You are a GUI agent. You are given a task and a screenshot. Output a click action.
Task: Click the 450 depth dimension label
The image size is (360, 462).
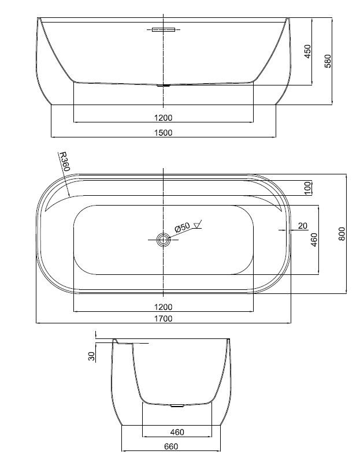[x=307, y=51]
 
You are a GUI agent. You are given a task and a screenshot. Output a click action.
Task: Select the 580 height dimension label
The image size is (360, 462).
[x=328, y=61]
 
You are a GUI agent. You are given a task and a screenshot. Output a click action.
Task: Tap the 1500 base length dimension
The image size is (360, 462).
[x=163, y=133]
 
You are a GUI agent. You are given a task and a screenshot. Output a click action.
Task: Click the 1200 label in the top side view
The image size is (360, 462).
[x=163, y=118]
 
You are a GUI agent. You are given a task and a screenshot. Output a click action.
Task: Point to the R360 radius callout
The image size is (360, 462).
[x=64, y=162]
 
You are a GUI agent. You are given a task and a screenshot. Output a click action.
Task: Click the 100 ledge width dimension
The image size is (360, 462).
[x=308, y=188]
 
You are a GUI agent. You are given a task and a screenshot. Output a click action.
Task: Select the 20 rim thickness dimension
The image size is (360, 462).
[x=303, y=226]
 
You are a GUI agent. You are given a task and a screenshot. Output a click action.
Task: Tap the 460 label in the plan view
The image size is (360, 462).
[x=314, y=240]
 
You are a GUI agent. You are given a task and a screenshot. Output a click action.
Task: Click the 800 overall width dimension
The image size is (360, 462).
[x=342, y=234]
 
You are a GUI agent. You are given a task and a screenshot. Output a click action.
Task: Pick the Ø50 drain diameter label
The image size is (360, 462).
[x=182, y=228]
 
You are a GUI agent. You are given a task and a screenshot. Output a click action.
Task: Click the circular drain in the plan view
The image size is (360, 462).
[x=163, y=240]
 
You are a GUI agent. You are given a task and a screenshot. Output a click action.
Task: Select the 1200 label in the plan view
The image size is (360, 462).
[x=163, y=307]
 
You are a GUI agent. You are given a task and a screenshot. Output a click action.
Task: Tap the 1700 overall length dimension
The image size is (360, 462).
[x=163, y=319]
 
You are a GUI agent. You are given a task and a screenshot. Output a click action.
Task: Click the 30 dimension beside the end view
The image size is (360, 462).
[x=92, y=356]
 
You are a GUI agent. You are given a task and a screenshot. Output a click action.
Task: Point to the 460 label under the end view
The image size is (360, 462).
[x=177, y=432]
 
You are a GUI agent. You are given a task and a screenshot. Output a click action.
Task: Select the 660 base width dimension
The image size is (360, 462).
[x=171, y=446]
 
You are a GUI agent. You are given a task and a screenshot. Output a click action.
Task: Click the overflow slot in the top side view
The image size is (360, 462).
[x=164, y=30]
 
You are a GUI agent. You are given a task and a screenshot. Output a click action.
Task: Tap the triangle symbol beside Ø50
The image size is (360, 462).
[x=197, y=225]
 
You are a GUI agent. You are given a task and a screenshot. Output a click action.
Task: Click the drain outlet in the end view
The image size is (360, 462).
[x=177, y=406]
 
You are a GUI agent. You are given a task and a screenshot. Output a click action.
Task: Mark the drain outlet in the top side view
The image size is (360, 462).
[x=164, y=85]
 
